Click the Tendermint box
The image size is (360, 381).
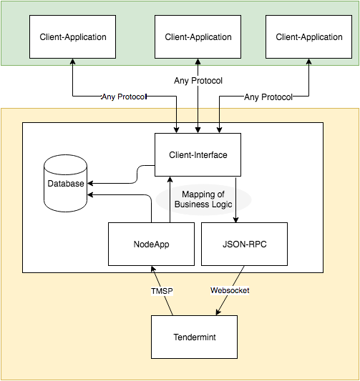(x=194, y=337)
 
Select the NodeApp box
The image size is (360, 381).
(x=151, y=244)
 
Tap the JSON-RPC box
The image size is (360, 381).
(x=244, y=244)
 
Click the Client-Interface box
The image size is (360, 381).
(x=198, y=154)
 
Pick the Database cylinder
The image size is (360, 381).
(x=65, y=183)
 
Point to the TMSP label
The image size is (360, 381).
(x=162, y=291)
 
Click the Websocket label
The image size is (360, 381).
(x=230, y=290)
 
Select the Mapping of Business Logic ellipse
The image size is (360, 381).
(x=203, y=199)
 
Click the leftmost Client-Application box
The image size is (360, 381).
(x=72, y=36)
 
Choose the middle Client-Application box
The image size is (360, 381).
(x=198, y=36)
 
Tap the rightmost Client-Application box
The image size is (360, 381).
(x=308, y=36)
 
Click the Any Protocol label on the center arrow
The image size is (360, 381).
(x=198, y=81)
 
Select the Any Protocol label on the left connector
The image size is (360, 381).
(x=124, y=97)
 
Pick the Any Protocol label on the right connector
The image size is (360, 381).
(x=268, y=97)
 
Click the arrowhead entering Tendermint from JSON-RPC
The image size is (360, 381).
(x=218, y=312)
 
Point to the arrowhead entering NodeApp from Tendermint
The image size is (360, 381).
(x=152, y=269)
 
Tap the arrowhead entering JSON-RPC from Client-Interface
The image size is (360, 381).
(x=235, y=219)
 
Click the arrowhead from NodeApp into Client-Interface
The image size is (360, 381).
(x=170, y=179)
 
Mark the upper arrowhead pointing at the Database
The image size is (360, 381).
(x=90, y=183)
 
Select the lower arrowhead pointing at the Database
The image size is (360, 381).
(x=90, y=194)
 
